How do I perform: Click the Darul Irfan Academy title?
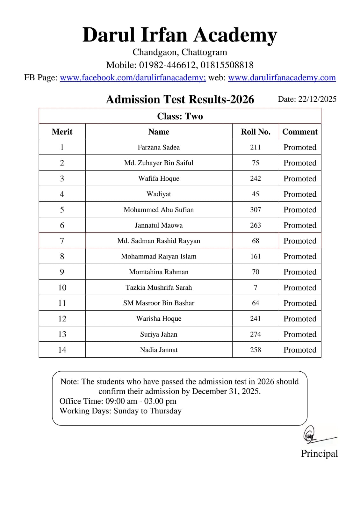click(x=180, y=35)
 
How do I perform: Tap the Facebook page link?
click(x=133, y=77)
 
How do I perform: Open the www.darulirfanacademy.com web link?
click(x=282, y=77)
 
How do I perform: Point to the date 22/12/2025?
click(x=317, y=99)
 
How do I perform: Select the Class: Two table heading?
click(x=180, y=116)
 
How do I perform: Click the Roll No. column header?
click(x=255, y=132)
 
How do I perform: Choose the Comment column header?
click(x=300, y=132)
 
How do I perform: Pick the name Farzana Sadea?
click(x=159, y=147)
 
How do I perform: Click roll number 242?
click(x=255, y=178)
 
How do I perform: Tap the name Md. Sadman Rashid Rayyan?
click(x=159, y=241)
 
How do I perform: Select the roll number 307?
click(x=255, y=210)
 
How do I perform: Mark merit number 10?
click(x=62, y=288)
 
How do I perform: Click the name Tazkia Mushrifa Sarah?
click(x=159, y=288)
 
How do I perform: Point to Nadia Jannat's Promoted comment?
click(x=300, y=350)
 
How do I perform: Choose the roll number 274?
click(x=255, y=334)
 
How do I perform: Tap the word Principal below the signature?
click(x=319, y=454)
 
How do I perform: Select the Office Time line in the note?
click(x=118, y=401)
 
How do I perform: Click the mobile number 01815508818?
click(x=227, y=65)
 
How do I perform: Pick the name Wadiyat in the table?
click(x=159, y=194)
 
